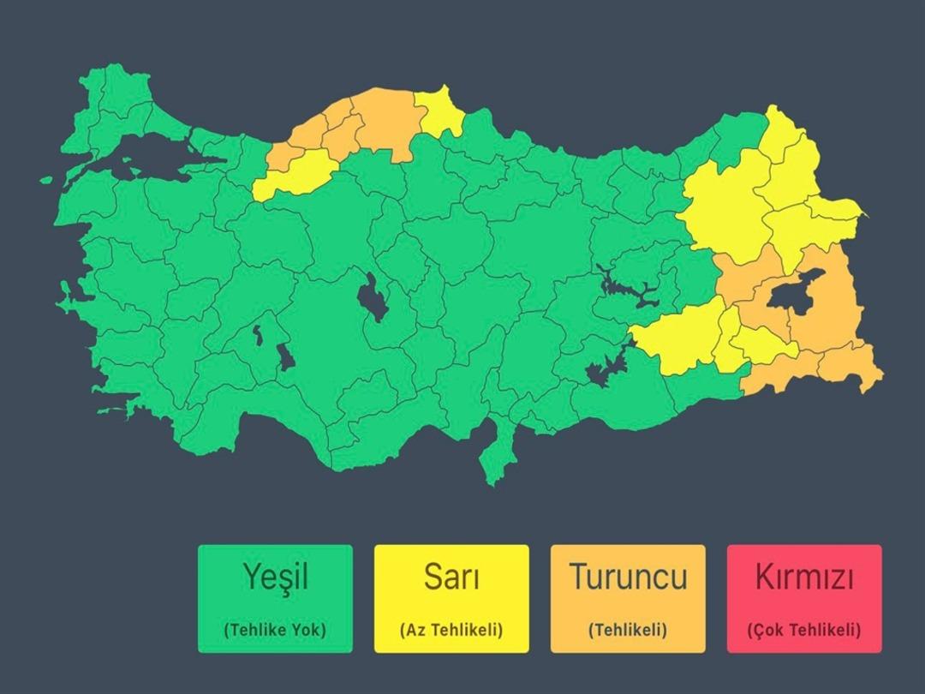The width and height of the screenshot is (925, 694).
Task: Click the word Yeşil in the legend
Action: (x=274, y=577)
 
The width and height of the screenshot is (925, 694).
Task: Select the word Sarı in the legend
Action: (x=451, y=577)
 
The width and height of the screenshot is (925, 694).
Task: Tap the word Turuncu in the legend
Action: (x=628, y=577)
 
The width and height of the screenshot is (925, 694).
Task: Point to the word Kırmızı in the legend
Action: (x=804, y=577)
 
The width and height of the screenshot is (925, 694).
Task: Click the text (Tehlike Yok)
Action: (x=275, y=630)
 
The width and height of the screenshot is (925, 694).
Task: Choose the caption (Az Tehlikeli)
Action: (x=451, y=630)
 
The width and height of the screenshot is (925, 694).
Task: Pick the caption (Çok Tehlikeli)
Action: (x=804, y=630)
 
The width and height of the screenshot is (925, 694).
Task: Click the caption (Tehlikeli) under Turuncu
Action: (x=628, y=630)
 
